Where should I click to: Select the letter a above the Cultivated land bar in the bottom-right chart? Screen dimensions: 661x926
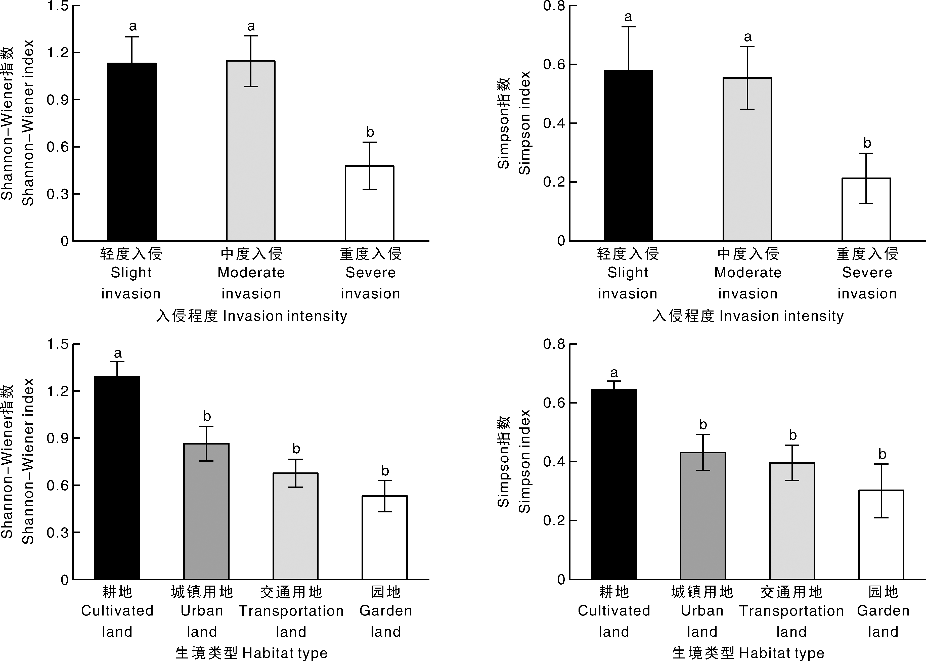click(x=614, y=373)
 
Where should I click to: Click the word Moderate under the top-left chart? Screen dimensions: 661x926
click(x=251, y=272)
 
